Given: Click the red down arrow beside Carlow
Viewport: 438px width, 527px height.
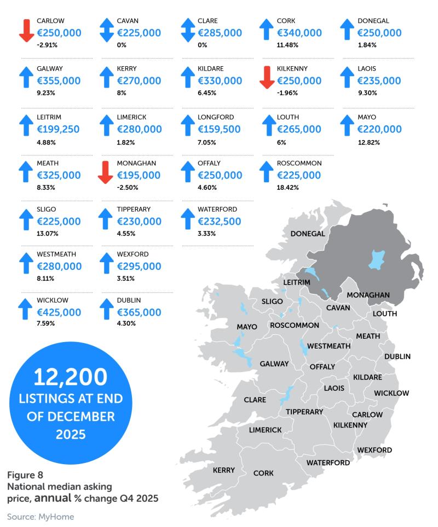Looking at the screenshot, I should [26, 30].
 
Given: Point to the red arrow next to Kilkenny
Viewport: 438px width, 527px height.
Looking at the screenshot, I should [267, 77].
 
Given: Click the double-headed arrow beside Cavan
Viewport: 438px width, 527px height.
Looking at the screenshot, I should [107, 30].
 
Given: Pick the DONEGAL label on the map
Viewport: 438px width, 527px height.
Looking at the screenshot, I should [308, 234].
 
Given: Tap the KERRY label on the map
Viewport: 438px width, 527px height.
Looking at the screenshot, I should [223, 470].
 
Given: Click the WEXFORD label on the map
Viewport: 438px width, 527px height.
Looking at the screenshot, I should [374, 450].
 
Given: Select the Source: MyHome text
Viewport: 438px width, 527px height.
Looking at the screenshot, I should [41, 516].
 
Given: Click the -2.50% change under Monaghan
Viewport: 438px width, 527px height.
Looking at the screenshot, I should [128, 188].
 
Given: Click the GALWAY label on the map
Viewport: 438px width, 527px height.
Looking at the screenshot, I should [274, 363].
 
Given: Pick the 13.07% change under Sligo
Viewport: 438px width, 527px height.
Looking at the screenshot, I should [48, 234].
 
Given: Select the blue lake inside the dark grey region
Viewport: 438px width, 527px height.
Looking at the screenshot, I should [377, 259].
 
